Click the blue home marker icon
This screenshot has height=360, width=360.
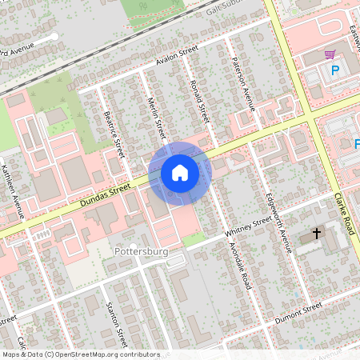(180, 172)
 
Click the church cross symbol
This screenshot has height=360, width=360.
(317, 234)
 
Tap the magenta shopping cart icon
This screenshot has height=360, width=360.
(330, 54)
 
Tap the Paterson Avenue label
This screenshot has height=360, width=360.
(242, 84)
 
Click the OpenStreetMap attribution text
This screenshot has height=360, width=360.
(80, 354)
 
